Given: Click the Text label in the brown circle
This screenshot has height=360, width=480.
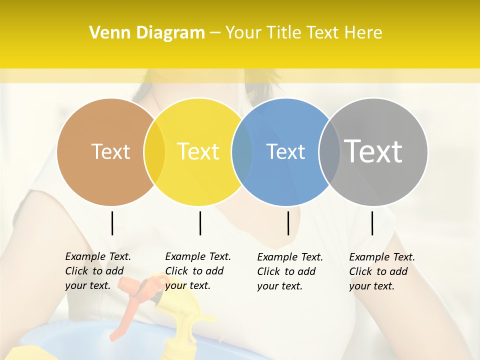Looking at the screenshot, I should [x=110, y=151].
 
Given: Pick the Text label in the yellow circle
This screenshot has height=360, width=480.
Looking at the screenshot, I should [x=198, y=151].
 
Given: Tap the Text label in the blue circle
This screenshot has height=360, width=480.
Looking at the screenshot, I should [x=285, y=151].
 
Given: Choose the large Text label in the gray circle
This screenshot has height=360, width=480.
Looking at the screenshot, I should [x=373, y=151].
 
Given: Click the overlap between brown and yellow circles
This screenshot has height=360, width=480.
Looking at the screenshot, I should [x=154, y=152].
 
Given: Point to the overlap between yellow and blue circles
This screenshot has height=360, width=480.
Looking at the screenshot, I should [x=242, y=152].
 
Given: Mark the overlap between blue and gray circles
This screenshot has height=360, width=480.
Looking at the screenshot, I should [x=329, y=152].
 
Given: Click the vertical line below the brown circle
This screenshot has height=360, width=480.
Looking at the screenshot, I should [x=112, y=223].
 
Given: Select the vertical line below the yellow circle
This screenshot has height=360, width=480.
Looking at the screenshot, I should [x=200, y=223].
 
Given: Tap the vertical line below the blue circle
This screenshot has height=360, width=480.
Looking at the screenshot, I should [x=288, y=223].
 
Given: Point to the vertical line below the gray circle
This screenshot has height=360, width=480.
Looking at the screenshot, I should [x=372, y=223].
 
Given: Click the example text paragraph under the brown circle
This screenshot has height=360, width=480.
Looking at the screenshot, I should [x=97, y=271].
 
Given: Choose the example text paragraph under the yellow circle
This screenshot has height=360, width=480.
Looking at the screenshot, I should [x=197, y=271].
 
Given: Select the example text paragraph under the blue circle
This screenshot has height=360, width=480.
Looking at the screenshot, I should [x=289, y=271].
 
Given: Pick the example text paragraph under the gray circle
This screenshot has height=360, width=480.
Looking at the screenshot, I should [x=381, y=271].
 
